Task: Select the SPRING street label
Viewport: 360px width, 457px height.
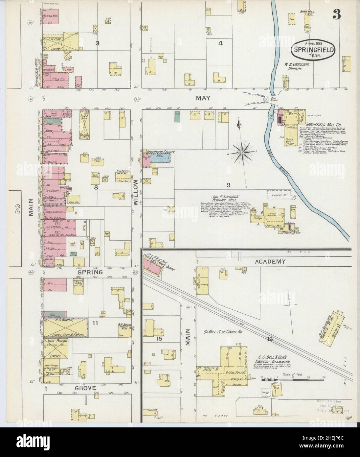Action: click(x=90, y=272)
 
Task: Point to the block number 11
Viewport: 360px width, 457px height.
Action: click(x=96, y=323)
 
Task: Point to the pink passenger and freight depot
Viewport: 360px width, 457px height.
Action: click(x=153, y=263)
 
